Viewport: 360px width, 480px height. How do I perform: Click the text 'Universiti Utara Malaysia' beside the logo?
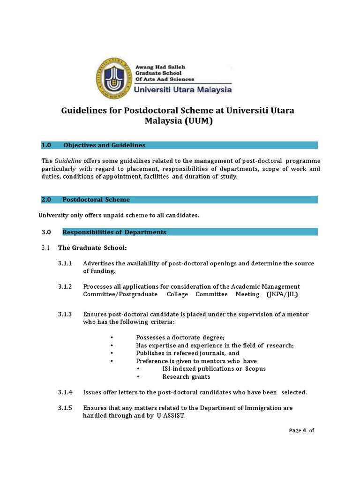click(x=183, y=89)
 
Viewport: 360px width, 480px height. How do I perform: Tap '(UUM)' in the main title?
click(x=199, y=121)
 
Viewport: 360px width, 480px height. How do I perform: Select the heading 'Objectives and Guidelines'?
click(x=104, y=145)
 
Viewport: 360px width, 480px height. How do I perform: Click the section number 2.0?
click(x=46, y=200)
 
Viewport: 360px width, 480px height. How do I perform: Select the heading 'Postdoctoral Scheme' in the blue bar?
click(x=96, y=200)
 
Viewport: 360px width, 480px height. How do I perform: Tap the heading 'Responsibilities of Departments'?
click(x=114, y=232)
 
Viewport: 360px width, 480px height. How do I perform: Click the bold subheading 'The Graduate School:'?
click(x=92, y=247)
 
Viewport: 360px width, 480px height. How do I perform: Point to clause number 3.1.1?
click(x=65, y=263)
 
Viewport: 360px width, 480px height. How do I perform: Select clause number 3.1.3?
click(x=65, y=314)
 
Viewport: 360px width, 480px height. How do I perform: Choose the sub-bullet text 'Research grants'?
click(x=186, y=377)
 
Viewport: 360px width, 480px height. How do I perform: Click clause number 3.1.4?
click(x=65, y=392)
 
